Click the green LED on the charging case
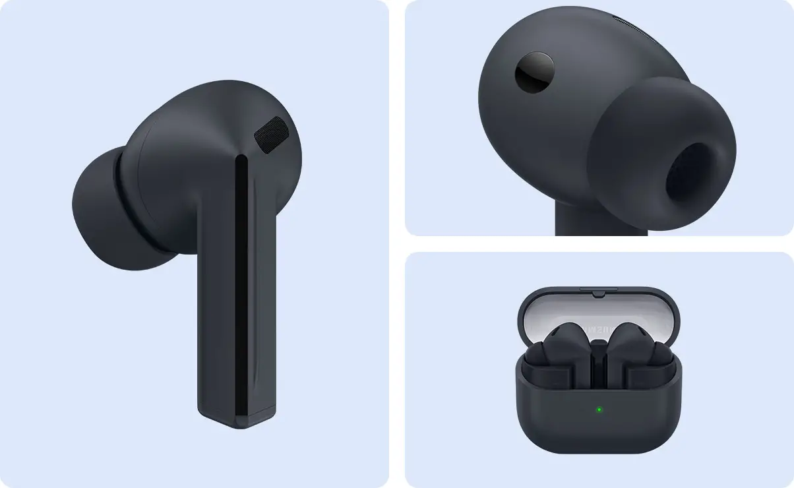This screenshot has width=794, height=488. click(599, 410)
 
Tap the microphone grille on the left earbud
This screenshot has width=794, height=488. click(271, 135)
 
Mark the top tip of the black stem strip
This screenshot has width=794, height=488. click(242, 160)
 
